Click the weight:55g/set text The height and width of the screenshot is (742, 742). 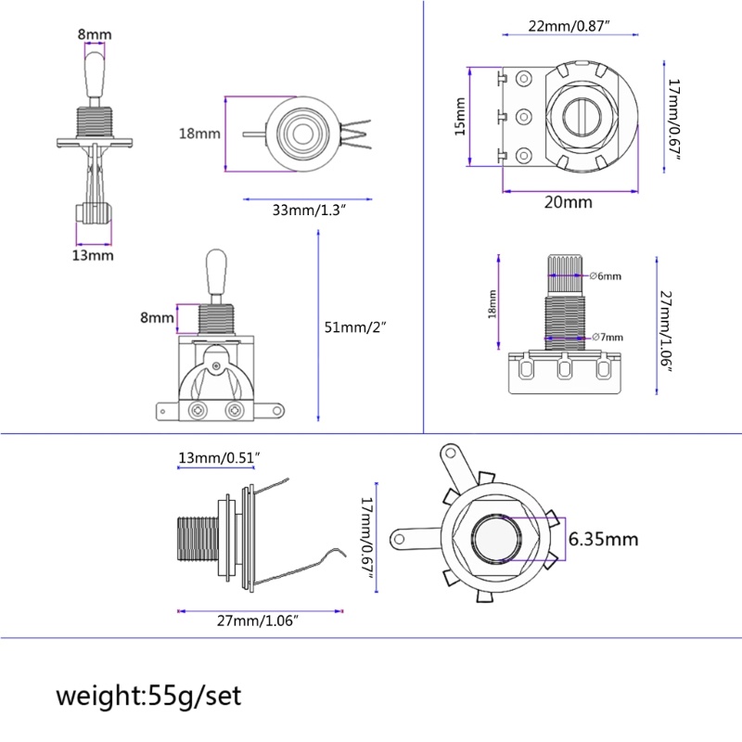click(148, 696)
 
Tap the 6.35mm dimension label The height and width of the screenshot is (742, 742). click(603, 539)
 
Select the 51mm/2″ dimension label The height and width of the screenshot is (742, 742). click(355, 327)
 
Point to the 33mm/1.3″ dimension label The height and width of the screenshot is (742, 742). click(309, 210)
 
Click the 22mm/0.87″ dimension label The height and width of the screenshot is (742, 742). click(569, 26)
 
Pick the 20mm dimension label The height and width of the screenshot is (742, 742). click(569, 202)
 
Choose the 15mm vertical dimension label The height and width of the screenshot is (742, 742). click(460, 117)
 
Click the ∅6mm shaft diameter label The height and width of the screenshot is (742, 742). click(606, 275)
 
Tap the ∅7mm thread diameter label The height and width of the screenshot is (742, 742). click(608, 337)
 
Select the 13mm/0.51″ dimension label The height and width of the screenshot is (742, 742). click(219, 457)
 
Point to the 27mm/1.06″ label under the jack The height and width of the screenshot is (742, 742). click(258, 620)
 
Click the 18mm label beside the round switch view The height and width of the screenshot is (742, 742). click(199, 134)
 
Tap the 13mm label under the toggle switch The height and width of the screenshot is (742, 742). click(93, 256)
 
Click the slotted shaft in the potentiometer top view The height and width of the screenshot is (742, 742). click(582, 117)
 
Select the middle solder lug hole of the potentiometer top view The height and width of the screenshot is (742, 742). click(523, 117)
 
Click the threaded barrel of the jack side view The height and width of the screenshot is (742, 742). click(198, 539)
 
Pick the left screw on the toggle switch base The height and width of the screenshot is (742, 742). click(198, 410)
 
